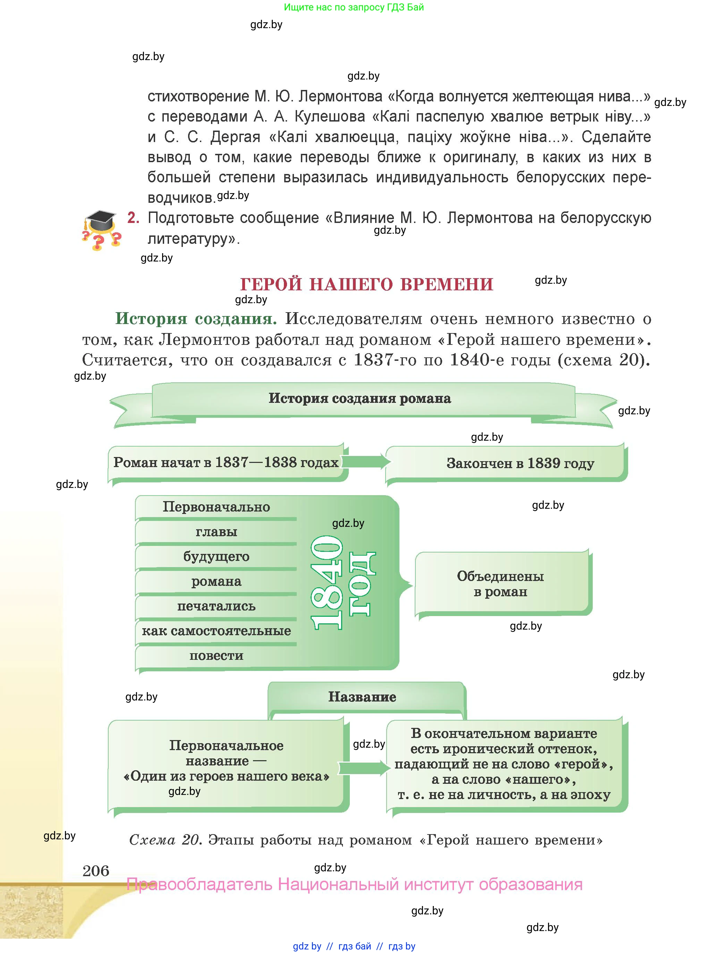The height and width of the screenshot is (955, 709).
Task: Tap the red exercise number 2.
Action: point(133,218)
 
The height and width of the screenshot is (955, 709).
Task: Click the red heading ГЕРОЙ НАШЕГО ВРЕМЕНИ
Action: point(366,284)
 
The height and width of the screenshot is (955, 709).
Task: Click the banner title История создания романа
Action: point(360,398)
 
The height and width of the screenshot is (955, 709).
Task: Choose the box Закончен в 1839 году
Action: point(520,463)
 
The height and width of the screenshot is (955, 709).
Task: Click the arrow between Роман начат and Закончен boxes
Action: point(367,462)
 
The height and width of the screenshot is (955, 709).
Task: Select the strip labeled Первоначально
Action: point(216,507)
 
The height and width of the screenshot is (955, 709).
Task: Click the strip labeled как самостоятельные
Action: point(216,631)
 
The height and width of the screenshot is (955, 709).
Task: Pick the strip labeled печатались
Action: point(216,606)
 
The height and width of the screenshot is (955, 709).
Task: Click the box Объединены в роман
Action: point(500,584)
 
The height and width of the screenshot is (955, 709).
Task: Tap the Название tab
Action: point(362,697)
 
